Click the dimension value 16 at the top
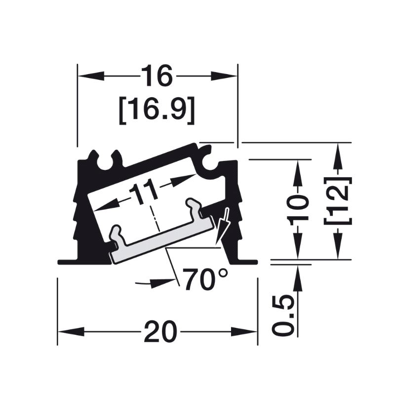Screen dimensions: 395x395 click(157, 76)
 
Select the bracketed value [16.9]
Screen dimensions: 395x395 click(157, 110)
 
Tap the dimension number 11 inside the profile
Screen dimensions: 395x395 click(144, 191)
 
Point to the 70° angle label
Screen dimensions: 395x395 click(205, 279)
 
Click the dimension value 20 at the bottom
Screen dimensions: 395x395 click(161, 331)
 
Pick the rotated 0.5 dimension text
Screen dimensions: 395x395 click(283, 316)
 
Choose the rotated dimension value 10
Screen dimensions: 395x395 click(298, 210)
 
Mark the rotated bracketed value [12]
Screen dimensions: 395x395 click(338, 201)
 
